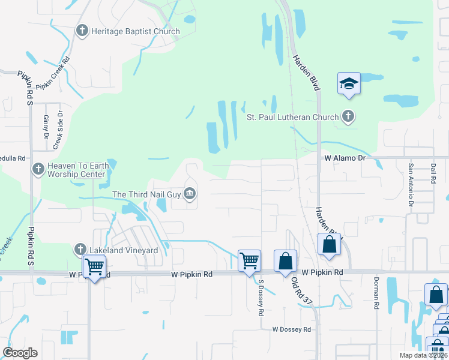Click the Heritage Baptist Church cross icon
82,31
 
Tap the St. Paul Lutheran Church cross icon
348,116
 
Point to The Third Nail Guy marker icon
190,193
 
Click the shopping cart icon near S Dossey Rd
249,261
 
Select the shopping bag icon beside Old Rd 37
285,261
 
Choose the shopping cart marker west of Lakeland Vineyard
94,266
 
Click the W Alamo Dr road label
345,157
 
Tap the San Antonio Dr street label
411,181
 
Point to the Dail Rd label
433,172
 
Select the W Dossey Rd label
291,329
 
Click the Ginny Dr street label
46,128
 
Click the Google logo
20,353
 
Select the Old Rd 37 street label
303,291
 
